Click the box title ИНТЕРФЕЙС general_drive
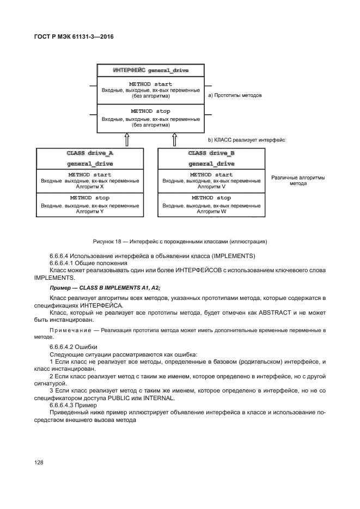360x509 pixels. coord(150,71)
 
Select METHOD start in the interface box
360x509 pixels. coord(150,84)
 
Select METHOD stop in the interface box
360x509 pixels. coord(150,111)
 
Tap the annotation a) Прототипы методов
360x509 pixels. coord(235,95)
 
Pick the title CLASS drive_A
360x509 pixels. coord(90,154)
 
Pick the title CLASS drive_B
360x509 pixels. coord(211,154)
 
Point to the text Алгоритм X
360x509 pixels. coord(90,187)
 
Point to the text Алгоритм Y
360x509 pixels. coord(90,211)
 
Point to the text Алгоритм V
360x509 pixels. coord(211,187)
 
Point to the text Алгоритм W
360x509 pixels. coord(211,211)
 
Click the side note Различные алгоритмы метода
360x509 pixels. coord(298,180)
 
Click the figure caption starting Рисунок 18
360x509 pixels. coord(180,242)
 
